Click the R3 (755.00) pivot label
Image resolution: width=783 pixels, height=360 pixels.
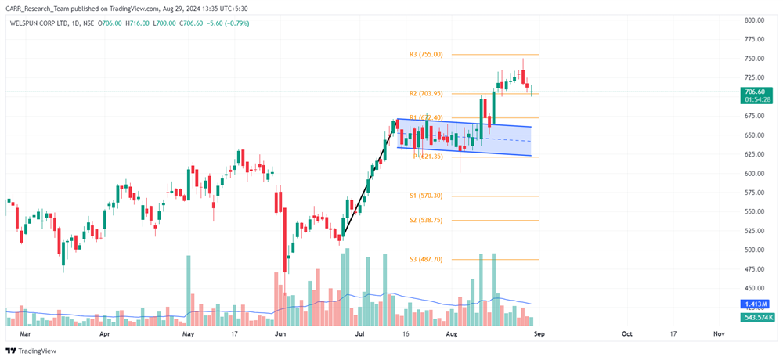click(x=426, y=55)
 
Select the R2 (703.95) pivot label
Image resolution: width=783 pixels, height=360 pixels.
click(x=426, y=93)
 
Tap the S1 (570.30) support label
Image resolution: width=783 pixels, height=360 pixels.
click(x=426, y=196)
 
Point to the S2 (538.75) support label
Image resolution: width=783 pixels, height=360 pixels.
click(x=426, y=221)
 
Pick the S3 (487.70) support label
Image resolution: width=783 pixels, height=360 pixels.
click(x=426, y=259)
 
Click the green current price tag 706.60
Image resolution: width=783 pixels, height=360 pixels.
click(x=756, y=92)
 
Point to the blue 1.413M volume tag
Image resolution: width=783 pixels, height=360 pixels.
click(x=757, y=304)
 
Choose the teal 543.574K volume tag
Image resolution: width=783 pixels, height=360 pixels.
click(x=757, y=317)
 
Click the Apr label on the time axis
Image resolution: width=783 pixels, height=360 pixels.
click(x=106, y=333)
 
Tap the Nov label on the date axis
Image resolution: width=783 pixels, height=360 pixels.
click(x=719, y=333)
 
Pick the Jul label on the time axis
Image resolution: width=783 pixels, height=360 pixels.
click(x=360, y=333)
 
